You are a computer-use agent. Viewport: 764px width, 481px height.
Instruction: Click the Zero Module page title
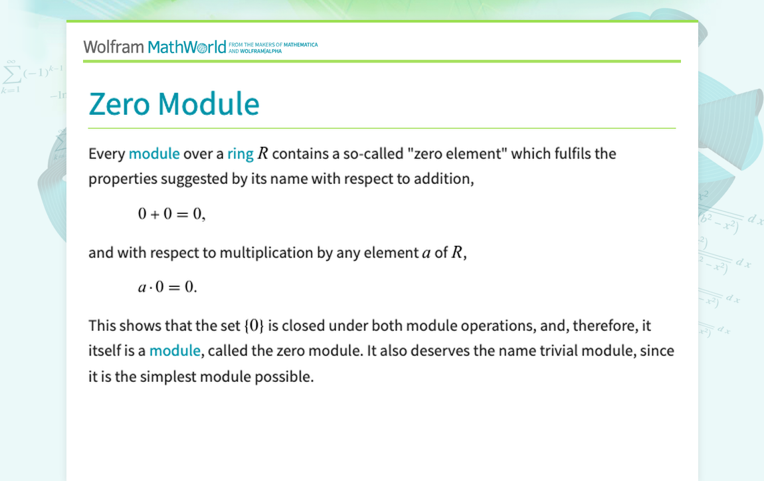(x=174, y=104)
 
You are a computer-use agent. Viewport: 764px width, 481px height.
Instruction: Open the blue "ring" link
(x=240, y=154)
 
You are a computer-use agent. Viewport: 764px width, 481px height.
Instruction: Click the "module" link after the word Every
(x=154, y=153)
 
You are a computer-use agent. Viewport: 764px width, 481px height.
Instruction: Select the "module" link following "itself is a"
(x=175, y=350)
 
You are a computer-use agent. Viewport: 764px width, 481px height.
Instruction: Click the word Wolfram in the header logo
(x=114, y=47)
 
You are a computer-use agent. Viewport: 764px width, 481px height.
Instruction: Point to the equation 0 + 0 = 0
(x=171, y=214)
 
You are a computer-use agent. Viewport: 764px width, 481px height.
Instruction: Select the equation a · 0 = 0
(x=167, y=286)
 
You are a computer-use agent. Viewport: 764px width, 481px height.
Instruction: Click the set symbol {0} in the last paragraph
(x=254, y=326)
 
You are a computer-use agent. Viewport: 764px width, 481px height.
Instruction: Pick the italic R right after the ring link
(x=262, y=153)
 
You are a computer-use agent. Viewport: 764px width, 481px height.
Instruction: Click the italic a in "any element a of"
(x=427, y=253)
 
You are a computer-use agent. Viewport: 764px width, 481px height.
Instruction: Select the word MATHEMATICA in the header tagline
(x=301, y=45)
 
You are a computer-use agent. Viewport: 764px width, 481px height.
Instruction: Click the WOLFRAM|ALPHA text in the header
(x=260, y=51)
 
